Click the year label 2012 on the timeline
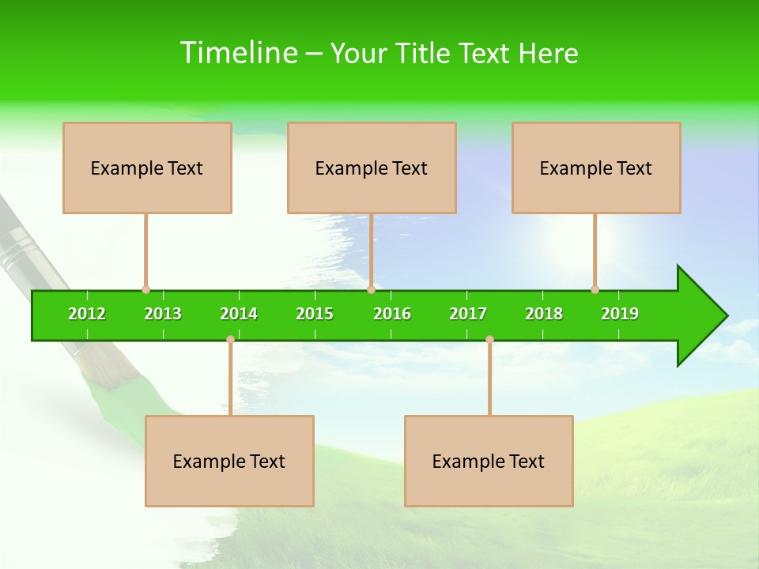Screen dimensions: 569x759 (87, 314)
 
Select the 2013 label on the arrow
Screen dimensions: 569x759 (163, 314)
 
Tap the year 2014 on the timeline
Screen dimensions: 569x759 (239, 314)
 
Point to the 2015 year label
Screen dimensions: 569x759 (315, 314)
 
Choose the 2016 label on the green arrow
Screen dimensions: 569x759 (392, 314)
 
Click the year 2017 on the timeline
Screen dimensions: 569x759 (468, 314)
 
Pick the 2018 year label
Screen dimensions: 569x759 (544, 314)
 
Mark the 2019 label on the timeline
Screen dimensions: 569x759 (620, 314)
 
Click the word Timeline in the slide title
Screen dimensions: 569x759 (237, 53)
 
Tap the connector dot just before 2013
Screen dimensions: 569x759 (145, 289)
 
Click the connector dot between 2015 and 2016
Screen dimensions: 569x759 (371, 289)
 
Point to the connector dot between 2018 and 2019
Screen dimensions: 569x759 (595, 289)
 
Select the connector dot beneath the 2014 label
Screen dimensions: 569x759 (230, 339)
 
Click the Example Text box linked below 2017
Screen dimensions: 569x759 (489, 461)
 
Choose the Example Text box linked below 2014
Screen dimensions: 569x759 (229, 461)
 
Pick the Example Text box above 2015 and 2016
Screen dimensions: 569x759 (372, 168)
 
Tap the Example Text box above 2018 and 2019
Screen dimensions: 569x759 (596, 168)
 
